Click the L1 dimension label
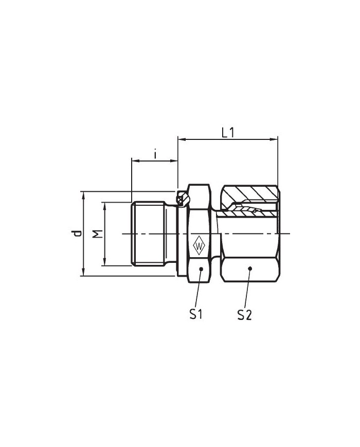pos(228,133)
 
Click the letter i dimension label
pos(155,154)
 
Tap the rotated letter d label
pos(76,233)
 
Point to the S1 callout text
pos(196,314)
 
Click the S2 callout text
pos(244,315)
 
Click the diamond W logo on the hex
pos(199,245)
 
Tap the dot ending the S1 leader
pos(201,269)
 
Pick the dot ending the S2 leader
pos(250,268)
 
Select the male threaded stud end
pos(148,234)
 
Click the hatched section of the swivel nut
pos(250,194)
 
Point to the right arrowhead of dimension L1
pos(274,139)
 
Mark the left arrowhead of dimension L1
pos(182,139)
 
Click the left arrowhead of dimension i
pos(135,161)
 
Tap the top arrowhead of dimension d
pos(83,195)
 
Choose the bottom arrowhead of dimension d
pos(83,272)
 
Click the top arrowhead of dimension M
pos(105,206)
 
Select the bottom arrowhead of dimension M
pos(105,262)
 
